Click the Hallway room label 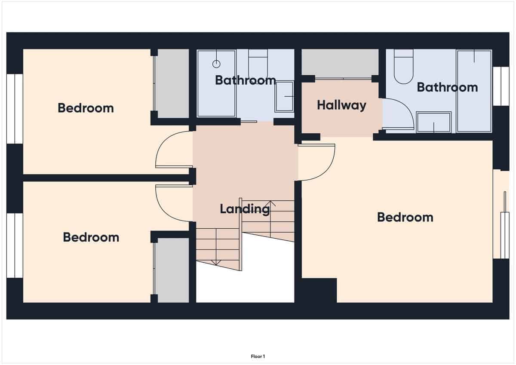(x=341, y=105)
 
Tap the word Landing (x=245, y=209)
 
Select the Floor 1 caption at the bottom (x=258, y=356)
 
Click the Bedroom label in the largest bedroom (x=405, y=217)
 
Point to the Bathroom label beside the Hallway (x=447, y=87)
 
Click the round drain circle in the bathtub (x=216, y=64)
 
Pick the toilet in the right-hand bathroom (x=403, y=68)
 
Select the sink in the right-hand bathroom (x=433, y=122)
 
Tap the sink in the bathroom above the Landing (x=284, y=96)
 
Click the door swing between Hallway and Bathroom (x=398, y=114)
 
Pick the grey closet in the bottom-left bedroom (x=172, y=270)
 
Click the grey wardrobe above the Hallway (x=340, y=62)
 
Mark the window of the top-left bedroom (x=15, y=108)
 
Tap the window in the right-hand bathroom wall (x=501, y=86)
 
